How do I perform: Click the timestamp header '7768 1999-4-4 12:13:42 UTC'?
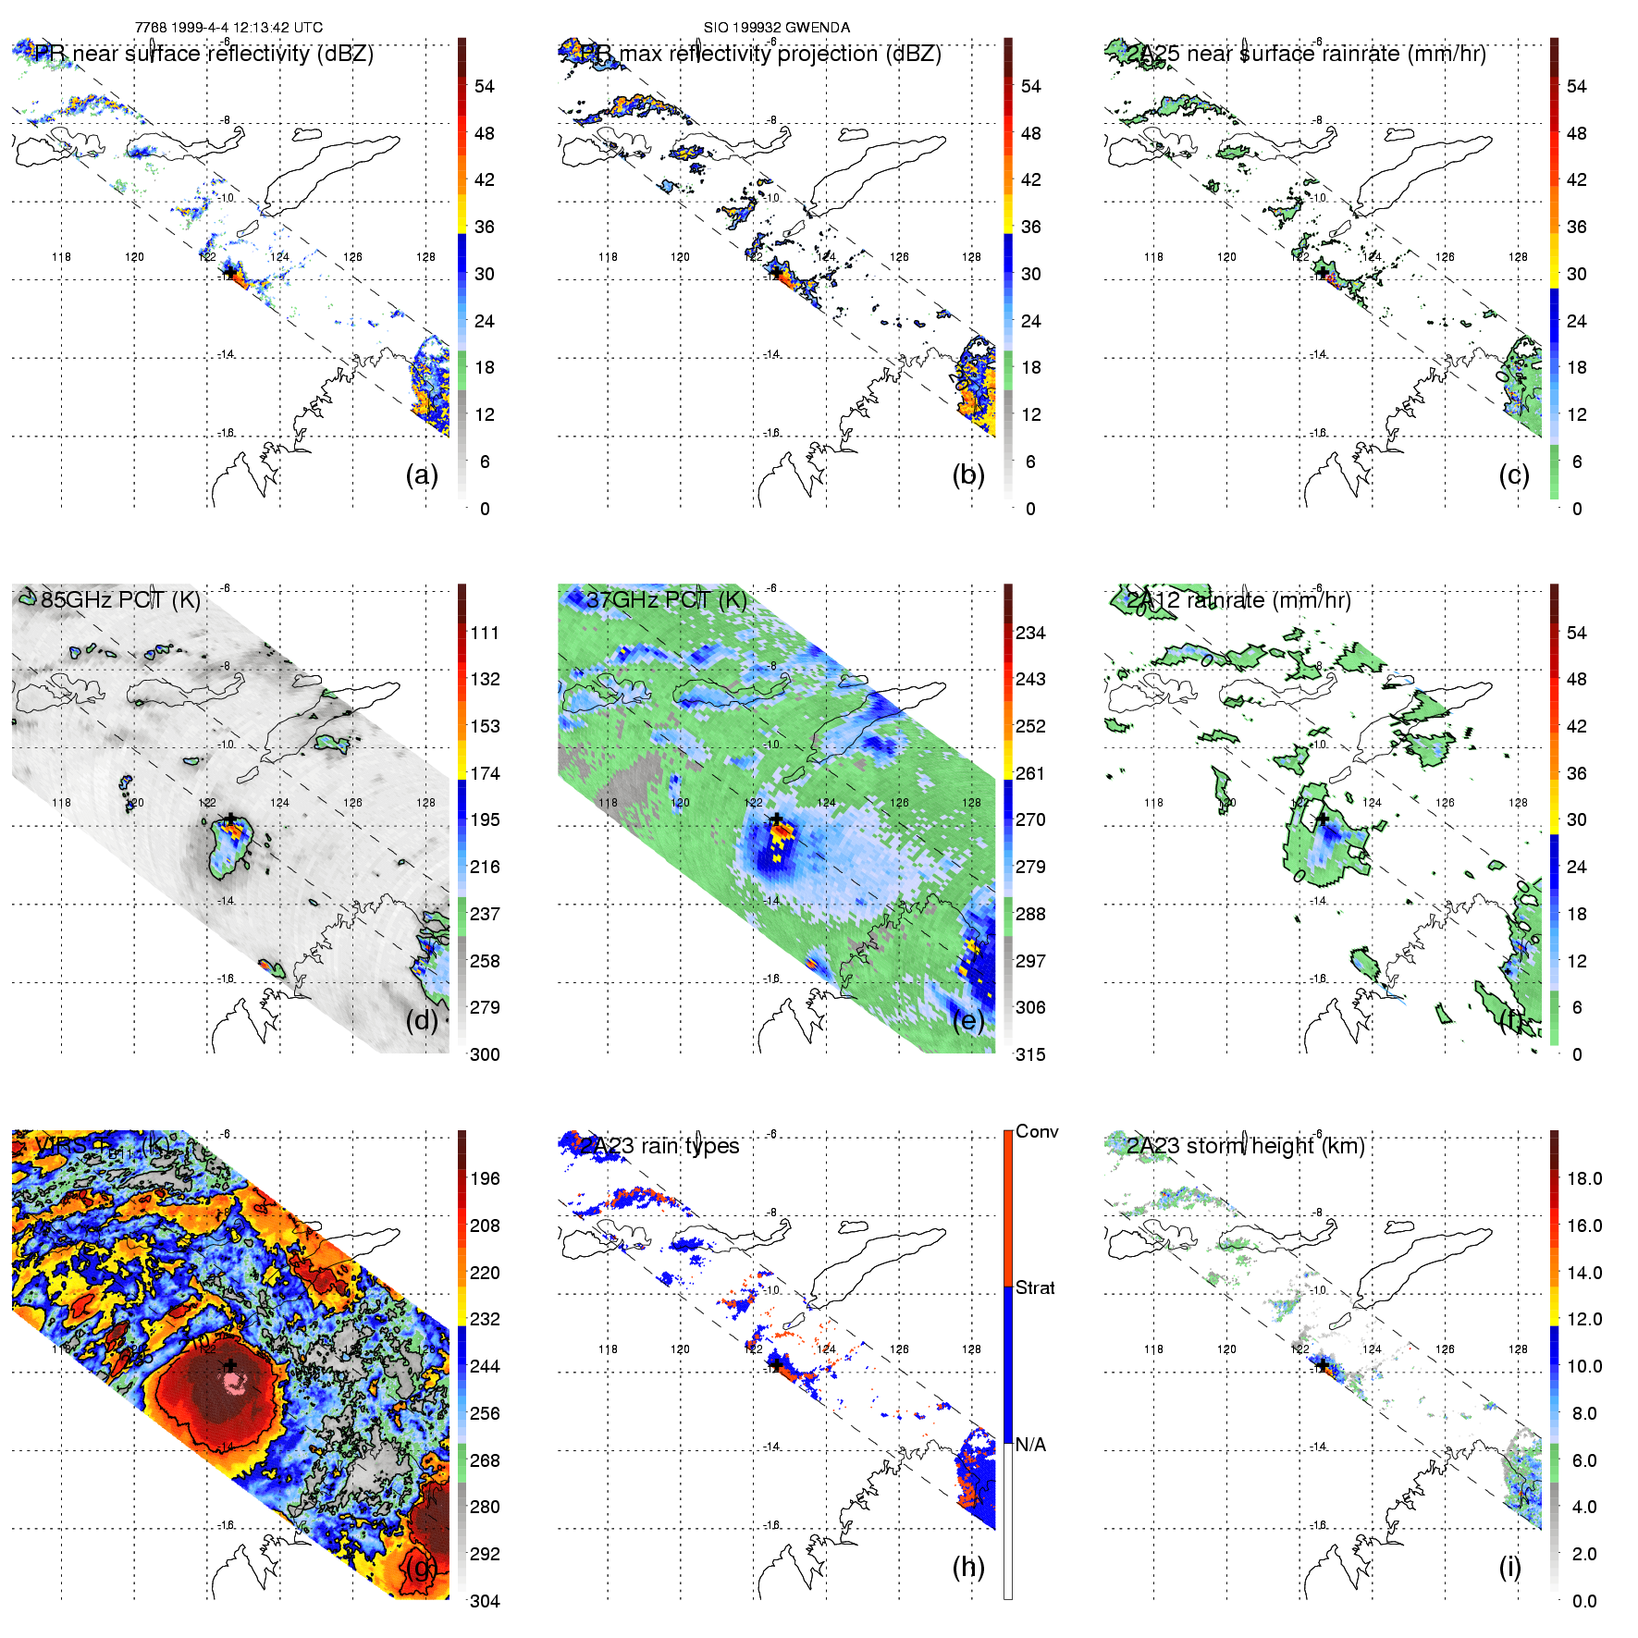point(228,28)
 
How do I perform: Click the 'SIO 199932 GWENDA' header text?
point(776,28)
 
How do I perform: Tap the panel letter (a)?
point(422,474)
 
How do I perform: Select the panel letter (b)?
point(968,474)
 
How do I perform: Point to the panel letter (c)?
point(1514,474)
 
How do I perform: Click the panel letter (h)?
point(968,1567)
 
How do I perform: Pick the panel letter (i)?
point(1509,1567)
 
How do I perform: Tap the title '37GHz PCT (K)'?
point(666,600)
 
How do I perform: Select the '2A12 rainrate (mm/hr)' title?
point(1238,600)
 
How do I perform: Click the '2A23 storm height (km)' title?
point(1245,1146)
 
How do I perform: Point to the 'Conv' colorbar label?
point(1037,1131)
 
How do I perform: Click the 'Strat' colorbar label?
point(1035,1287)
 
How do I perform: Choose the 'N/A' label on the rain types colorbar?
point(1030,1445)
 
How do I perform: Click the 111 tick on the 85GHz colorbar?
point(485,633)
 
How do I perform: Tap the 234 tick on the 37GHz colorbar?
point(1030,633)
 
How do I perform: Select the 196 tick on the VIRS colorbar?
point(485,1178)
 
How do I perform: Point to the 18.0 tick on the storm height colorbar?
point(1583,1178)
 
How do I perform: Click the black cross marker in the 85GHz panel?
point(230,819)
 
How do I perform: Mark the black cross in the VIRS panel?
point(230,1365)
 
